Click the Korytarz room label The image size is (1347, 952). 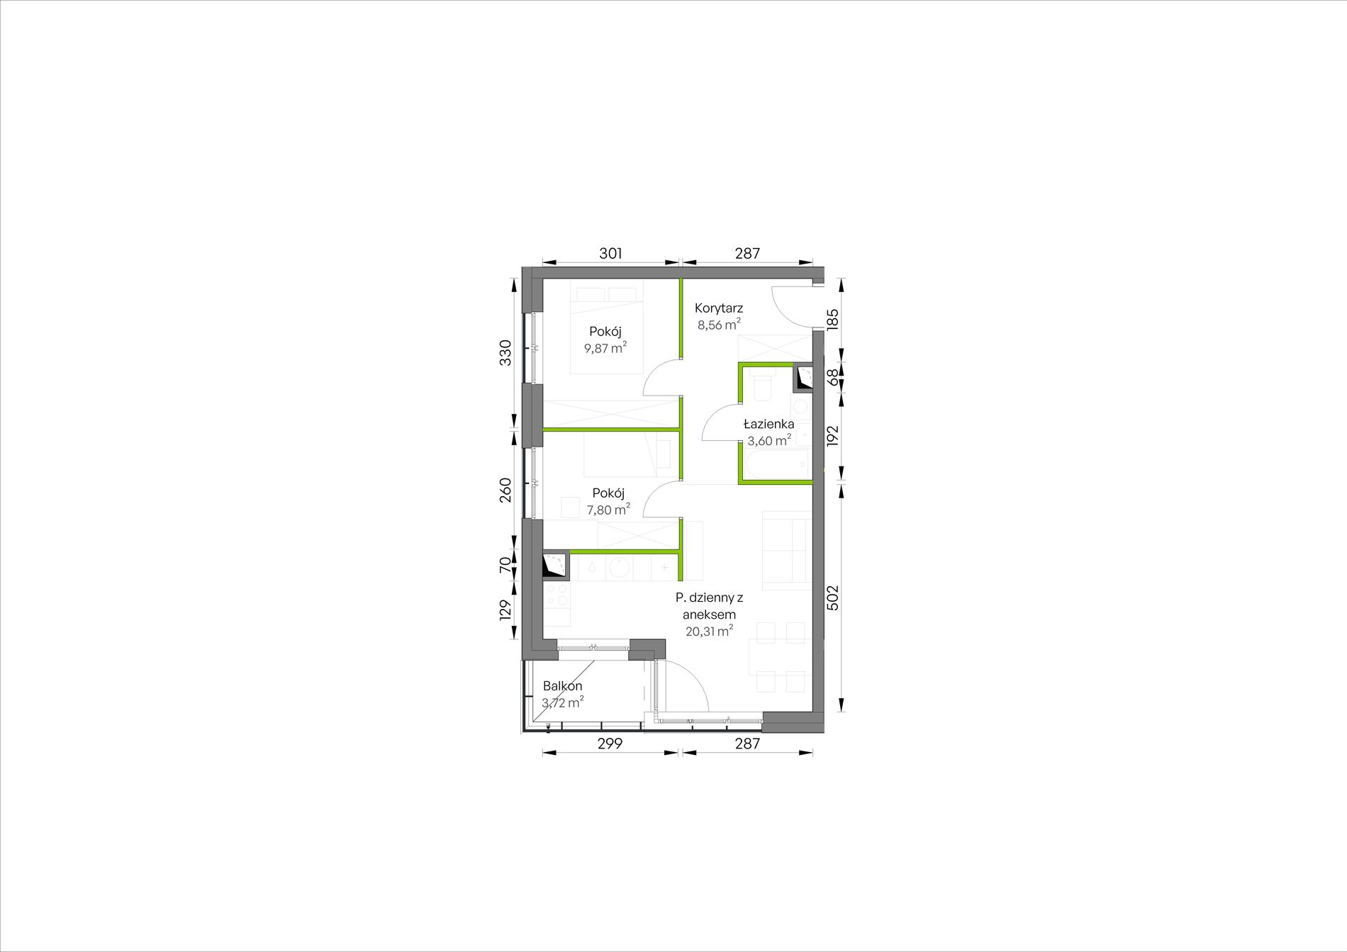[x=719, y=308]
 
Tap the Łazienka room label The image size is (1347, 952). [x=768, y=425]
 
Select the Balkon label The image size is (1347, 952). [x=563, y=686]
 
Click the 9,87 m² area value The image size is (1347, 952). [x=605, y=347]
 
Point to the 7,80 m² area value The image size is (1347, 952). [x=608, y=509]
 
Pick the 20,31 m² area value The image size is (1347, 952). [x=710, y=631]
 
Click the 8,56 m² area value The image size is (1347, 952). [x=720, y=325]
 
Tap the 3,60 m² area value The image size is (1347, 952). [x=769, y=440]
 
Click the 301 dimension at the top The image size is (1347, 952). [x=610, y=253]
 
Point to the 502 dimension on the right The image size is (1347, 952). [x=833, y=597]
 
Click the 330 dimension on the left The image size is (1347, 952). [x=505, y=352]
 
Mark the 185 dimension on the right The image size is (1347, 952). [x=833, y=318]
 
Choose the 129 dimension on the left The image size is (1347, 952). [x=505, y=610]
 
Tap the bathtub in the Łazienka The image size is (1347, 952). [x=776, y=464]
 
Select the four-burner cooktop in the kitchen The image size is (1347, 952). [x=557, y=595]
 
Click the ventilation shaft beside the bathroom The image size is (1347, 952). [x=803, y=377]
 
